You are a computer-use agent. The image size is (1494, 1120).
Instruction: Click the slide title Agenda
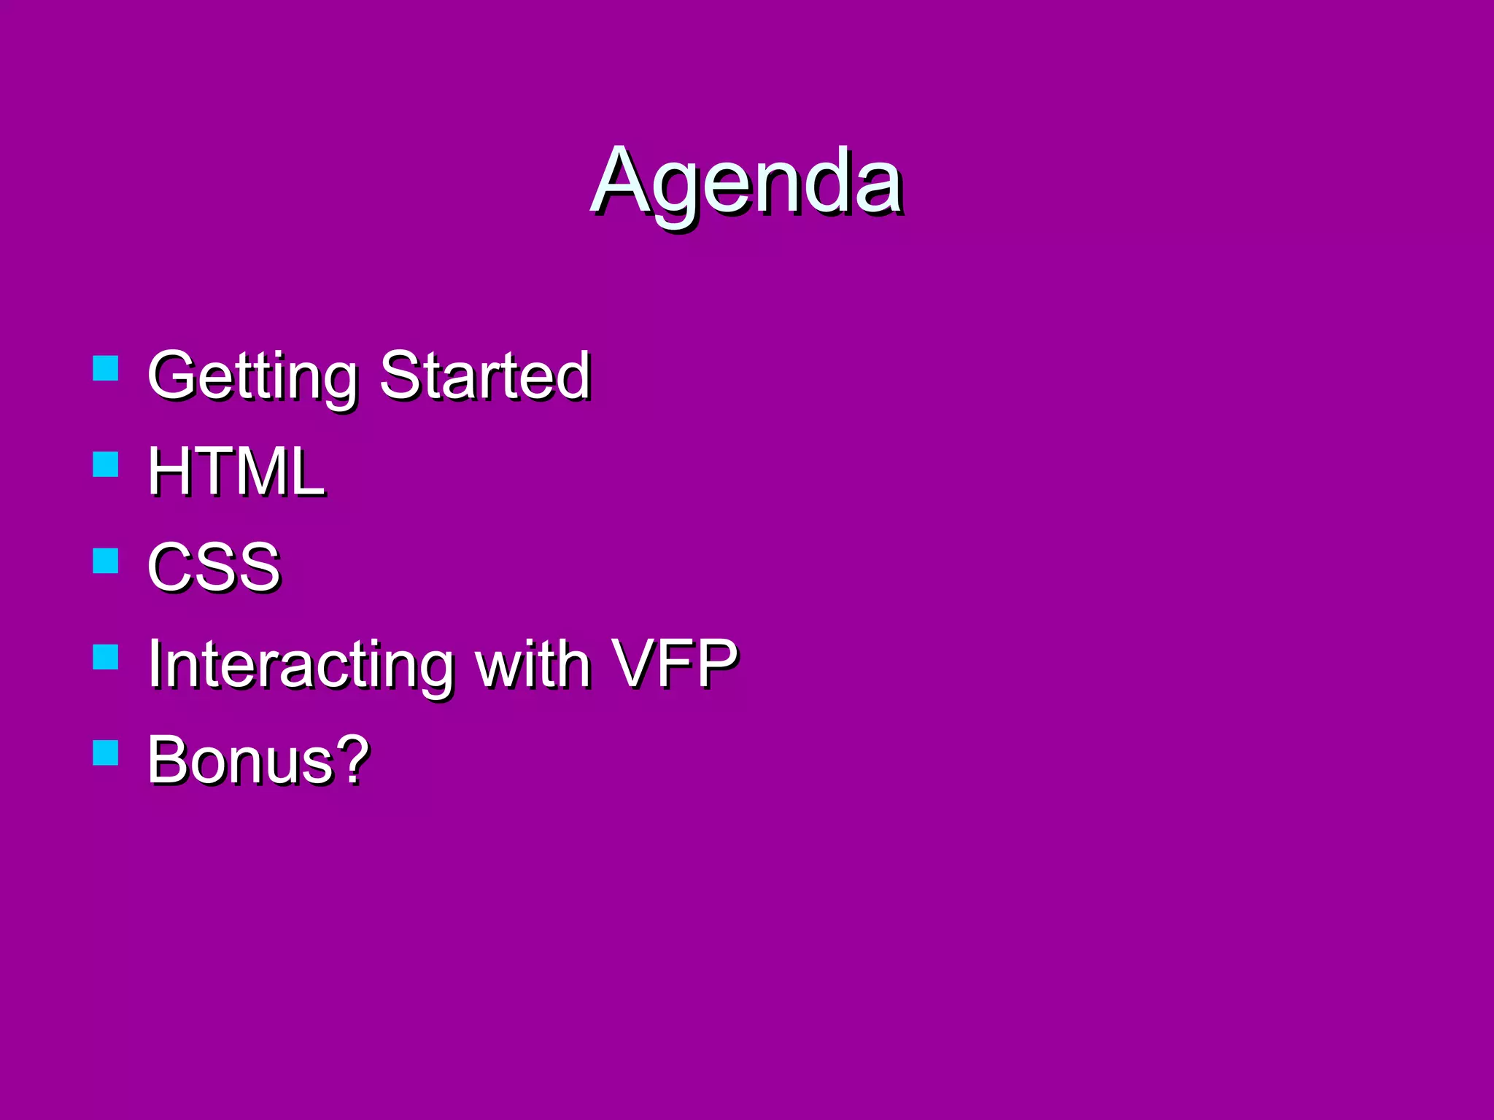(x=747, y=182)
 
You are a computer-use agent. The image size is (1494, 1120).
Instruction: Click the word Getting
(x=252, y=376)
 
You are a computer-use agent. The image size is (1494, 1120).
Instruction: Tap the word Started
(x=484, y=376)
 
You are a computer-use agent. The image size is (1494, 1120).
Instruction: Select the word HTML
(x=236, y=472)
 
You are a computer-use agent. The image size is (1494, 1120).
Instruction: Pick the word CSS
(x=213, y=567)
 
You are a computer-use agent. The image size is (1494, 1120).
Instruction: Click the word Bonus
(x=241, y=761)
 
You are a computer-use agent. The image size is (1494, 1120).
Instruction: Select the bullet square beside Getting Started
(x=106, y=368)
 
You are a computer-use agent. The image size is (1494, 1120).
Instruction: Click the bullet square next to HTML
(x=106, y=464)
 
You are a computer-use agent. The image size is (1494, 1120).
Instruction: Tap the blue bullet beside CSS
(x=106, y=561)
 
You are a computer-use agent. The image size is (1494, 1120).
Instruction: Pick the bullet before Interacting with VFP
(x=106, y=656)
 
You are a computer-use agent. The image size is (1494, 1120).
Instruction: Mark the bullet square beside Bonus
(x=106, y=752)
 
